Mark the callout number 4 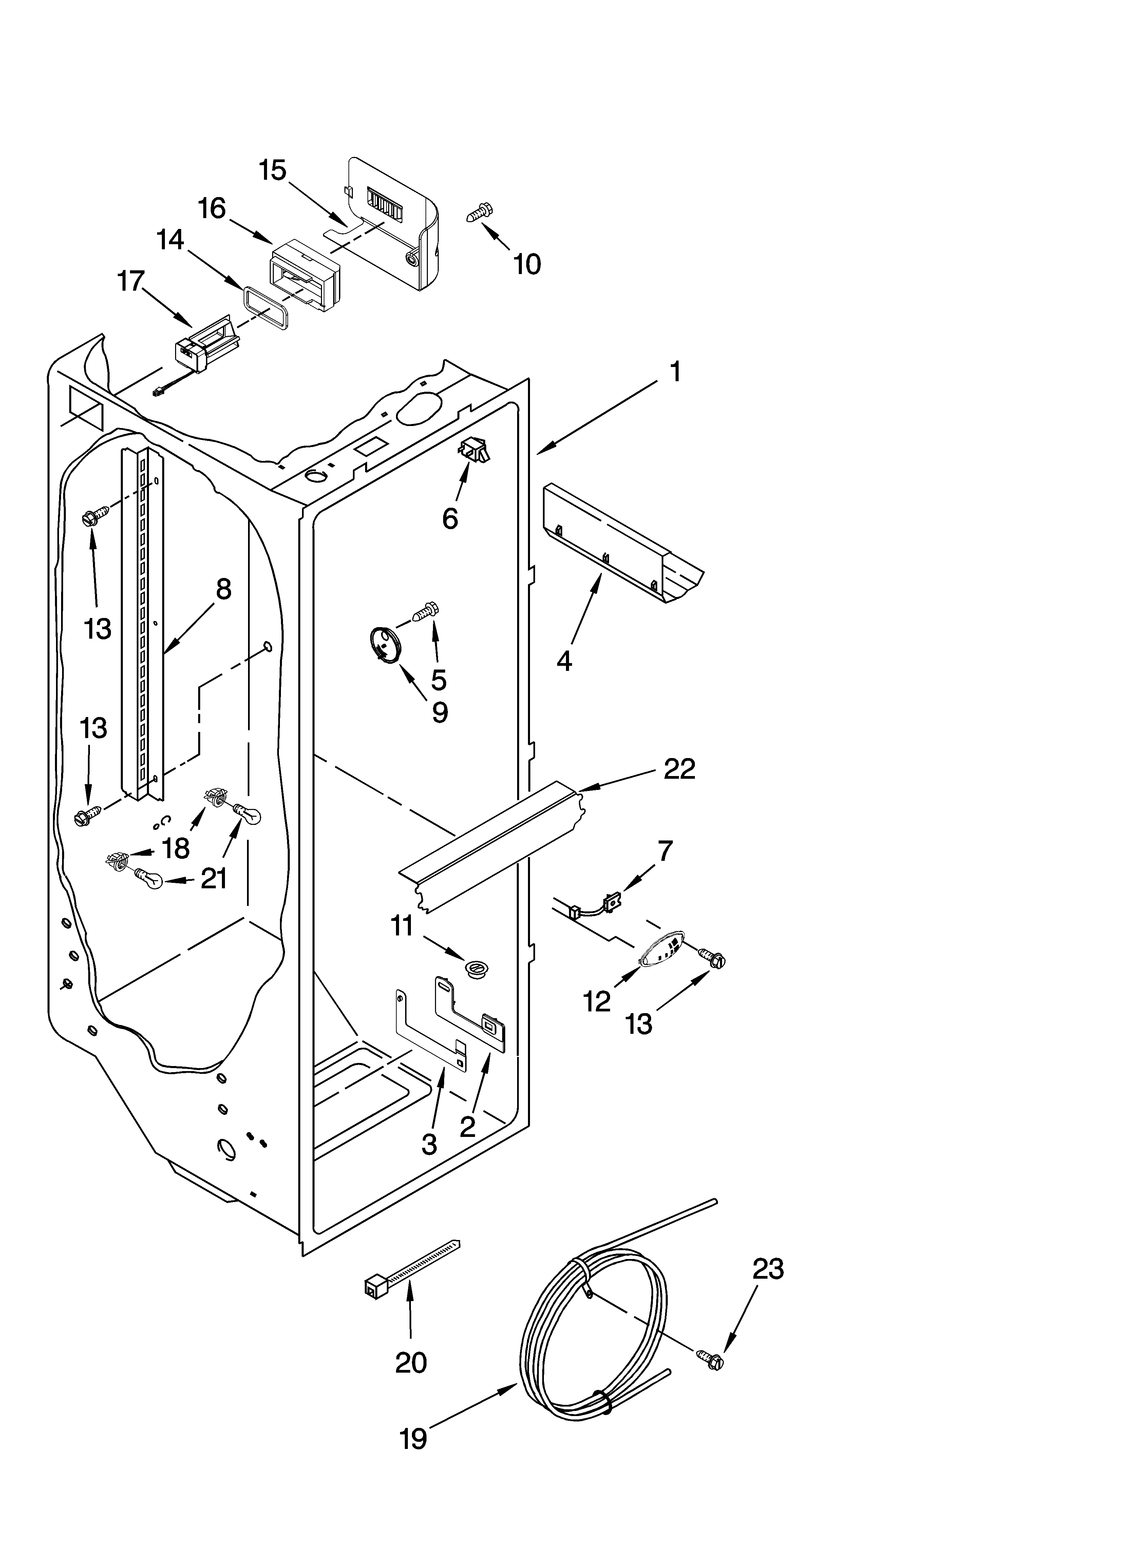pos(564,662)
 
